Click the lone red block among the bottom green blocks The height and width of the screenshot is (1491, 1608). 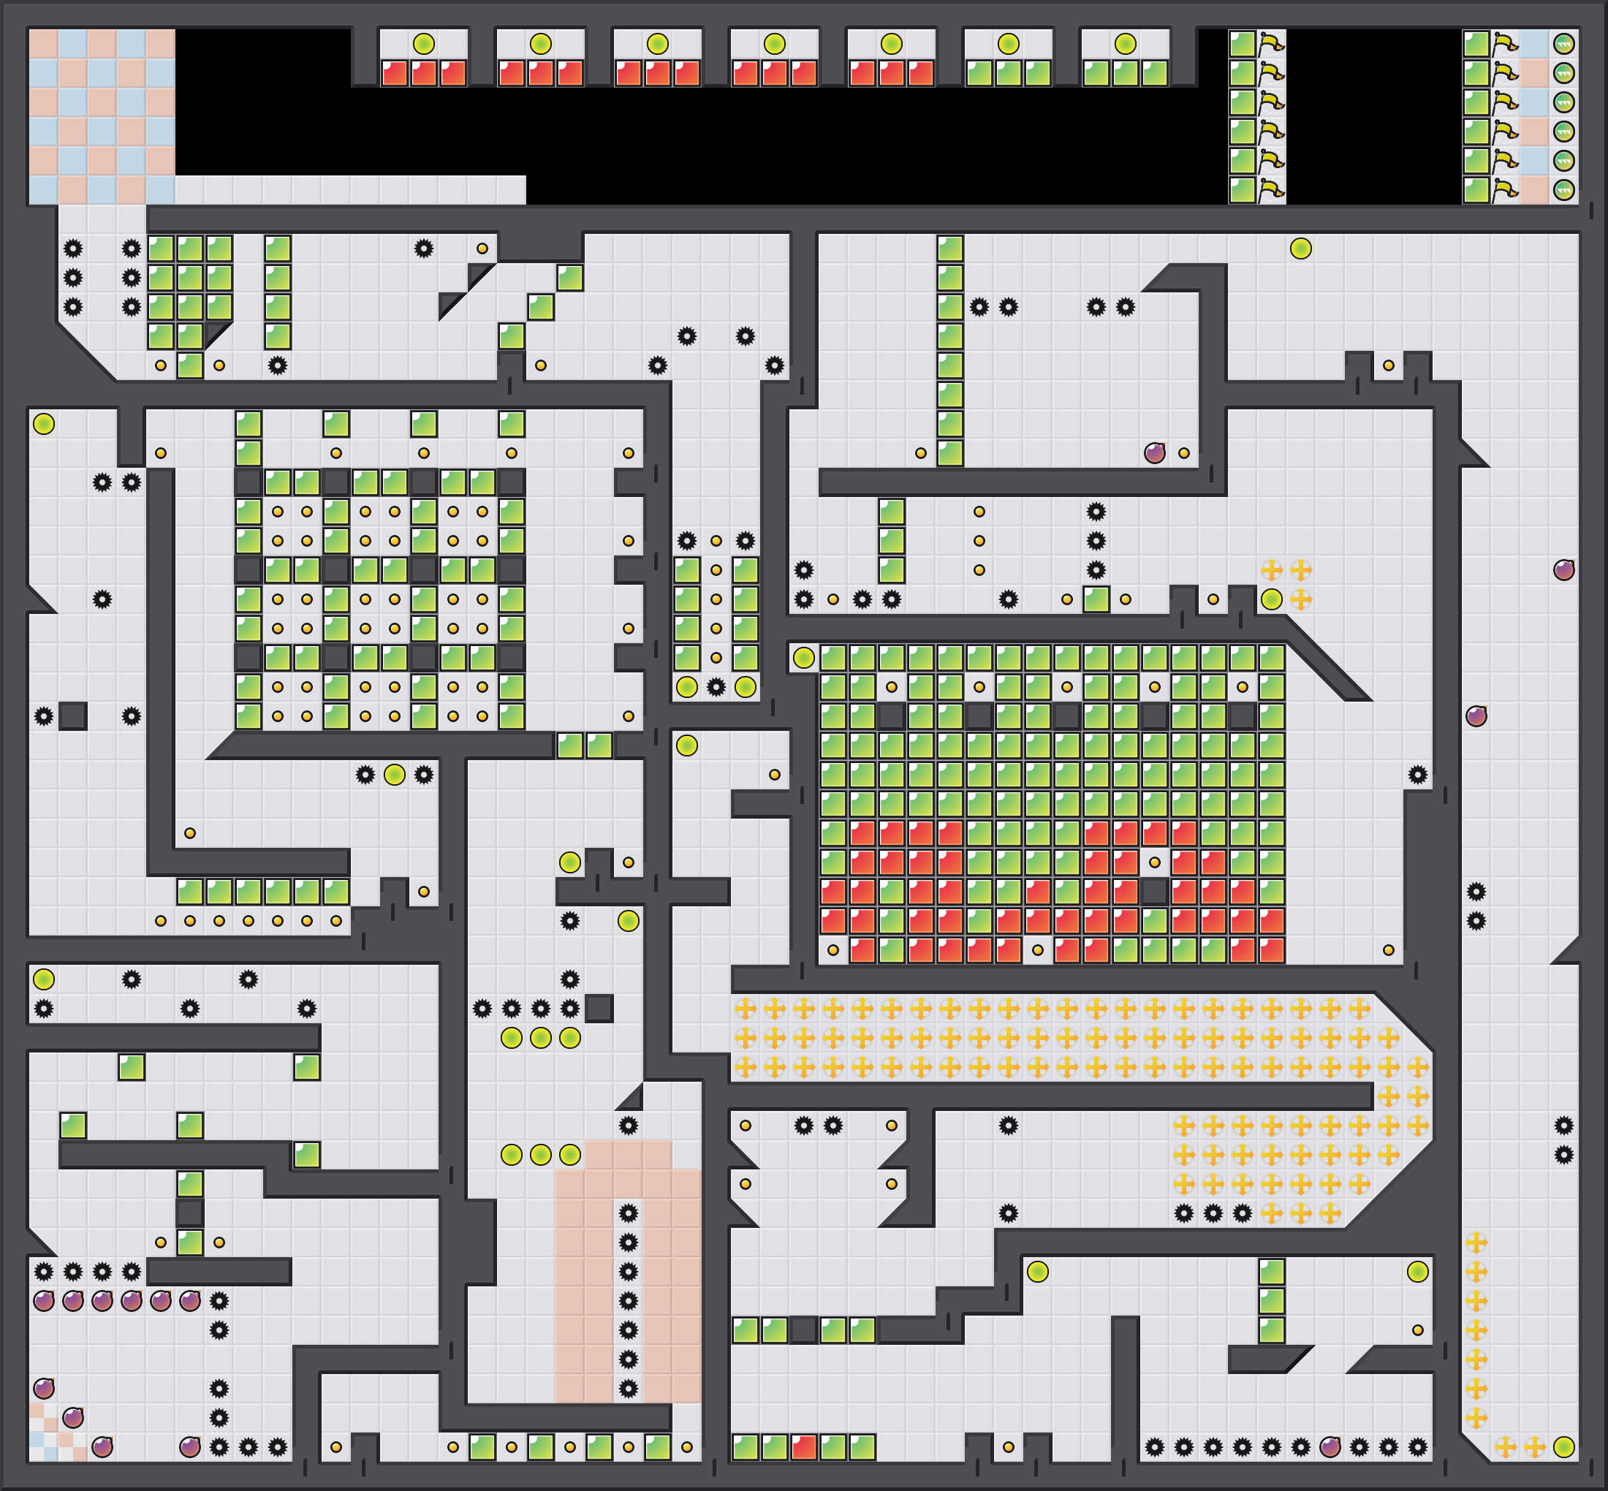coord(803,1446)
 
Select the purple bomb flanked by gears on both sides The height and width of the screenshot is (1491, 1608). coord(1330,1446)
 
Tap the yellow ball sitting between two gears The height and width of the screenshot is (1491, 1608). coord(395,775)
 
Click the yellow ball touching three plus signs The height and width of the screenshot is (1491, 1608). coord(1272,599)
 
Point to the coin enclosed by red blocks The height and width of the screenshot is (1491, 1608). coord(1155,862)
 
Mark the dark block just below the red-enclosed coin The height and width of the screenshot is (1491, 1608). coord(1155,892)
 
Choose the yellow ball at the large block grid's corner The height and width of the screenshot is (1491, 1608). coord(803,658)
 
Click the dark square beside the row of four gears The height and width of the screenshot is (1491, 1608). coord(599,1009)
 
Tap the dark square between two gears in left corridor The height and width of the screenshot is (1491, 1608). coord(73,716)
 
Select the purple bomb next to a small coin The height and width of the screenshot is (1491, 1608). coord(1155,452)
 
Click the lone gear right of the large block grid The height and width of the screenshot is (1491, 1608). coord(1417,775)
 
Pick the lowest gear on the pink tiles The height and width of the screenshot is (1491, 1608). coord(629,1389)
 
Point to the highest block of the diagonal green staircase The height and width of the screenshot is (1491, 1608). coord(569,278)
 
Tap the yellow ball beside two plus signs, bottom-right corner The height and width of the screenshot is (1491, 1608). coord(1563,1446)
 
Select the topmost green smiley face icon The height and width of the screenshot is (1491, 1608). coord(1563,44)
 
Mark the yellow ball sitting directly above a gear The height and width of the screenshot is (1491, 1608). coord(629,921)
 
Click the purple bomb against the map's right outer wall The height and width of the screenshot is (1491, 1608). coord(1563,570)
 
